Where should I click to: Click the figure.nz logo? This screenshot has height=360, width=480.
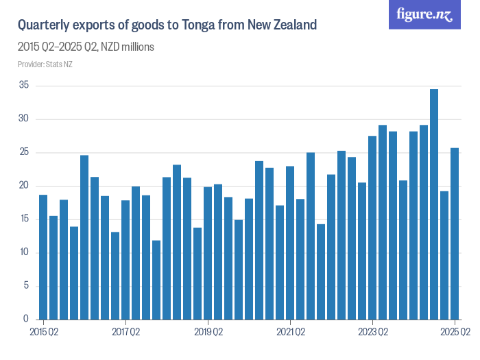point(424,14)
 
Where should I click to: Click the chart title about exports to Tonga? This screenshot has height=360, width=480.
point(167,26)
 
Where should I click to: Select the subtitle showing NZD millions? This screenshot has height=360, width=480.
point(86,47)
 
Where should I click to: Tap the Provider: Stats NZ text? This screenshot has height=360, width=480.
point(45,64)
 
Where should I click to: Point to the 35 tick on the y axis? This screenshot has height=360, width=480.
point(24,86)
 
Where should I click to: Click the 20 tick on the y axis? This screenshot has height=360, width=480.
point(24,186)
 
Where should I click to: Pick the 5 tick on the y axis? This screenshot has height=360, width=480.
point(26,286)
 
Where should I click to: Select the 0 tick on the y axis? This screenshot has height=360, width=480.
point(26,320)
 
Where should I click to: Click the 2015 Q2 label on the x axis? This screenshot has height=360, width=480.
point(43,332)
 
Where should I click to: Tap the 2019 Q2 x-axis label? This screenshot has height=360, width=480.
point(208,332)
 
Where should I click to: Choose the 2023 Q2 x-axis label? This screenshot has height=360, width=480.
point(372,332)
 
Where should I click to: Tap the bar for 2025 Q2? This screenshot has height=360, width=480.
point(455,234)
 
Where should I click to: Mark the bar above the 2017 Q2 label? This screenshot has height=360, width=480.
point(125,260)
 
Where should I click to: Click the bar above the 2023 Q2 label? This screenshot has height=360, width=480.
point(372,228)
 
